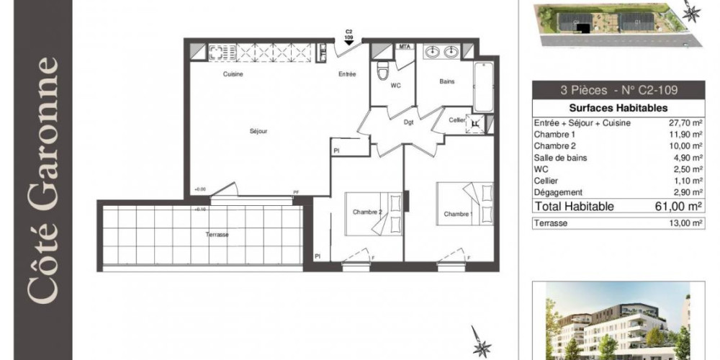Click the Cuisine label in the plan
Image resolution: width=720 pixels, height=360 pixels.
tap(233, 74)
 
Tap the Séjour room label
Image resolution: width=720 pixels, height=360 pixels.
tap(258, 132)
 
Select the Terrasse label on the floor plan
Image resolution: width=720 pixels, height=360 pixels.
tap(216, 235)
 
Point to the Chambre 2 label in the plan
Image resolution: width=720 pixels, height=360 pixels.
tap(368, 212)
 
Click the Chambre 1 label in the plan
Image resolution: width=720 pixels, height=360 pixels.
tap(458, 215)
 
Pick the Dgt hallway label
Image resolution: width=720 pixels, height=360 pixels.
tap(408, 122)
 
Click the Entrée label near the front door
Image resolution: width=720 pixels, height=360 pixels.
tap(348, 74)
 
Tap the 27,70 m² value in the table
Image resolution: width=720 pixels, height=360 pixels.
tap(685, 123)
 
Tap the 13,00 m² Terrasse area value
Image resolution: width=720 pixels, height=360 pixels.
tap(685, 224)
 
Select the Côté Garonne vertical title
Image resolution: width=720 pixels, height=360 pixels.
tap(41, 180)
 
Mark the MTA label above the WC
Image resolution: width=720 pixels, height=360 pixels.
tap(405, 47)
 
